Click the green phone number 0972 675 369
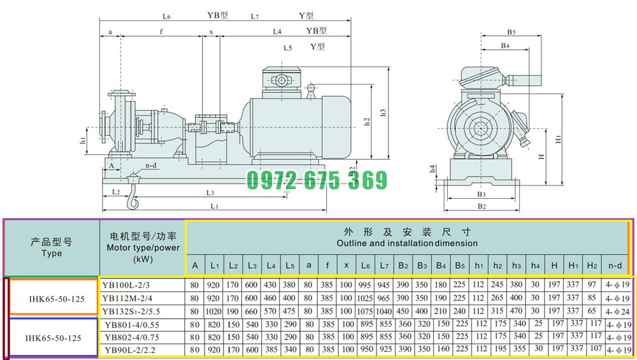click(x=317, y=180)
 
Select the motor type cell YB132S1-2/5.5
click(x=131, y=312)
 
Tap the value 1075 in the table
click(x=365, y=312)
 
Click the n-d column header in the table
click(x=615, y=266)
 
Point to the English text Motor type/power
click(x=143, y=247)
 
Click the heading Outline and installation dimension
click(x=407, y=243)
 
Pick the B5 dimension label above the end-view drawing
click(x=511, y=32)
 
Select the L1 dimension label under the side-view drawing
click(x=214, y=206)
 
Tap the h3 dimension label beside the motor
click(x=383, y=113)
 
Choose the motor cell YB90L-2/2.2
click(x=130, y=350)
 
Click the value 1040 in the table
click(x=384, y=312)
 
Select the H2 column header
click(x=592, y=266)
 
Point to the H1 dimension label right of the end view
click(x=558, y=139)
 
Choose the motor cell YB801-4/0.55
click(x=132, y=325)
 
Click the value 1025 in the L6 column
click(x=365, y=298)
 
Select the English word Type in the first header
click(x=52, y=253)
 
